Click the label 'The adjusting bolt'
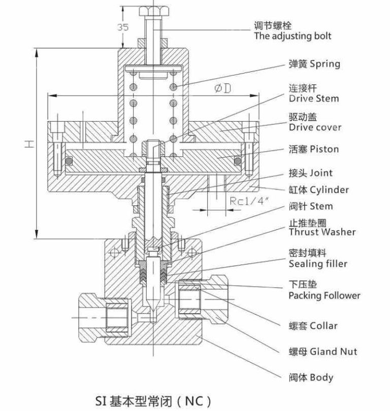click(292, 36)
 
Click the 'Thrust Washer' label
click(322, 232)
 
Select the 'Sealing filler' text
click(318, 264)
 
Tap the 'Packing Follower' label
click(324, 295)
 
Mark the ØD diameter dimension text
click(222, 88)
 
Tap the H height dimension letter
click(29, 144)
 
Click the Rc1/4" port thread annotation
click(245, 201)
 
